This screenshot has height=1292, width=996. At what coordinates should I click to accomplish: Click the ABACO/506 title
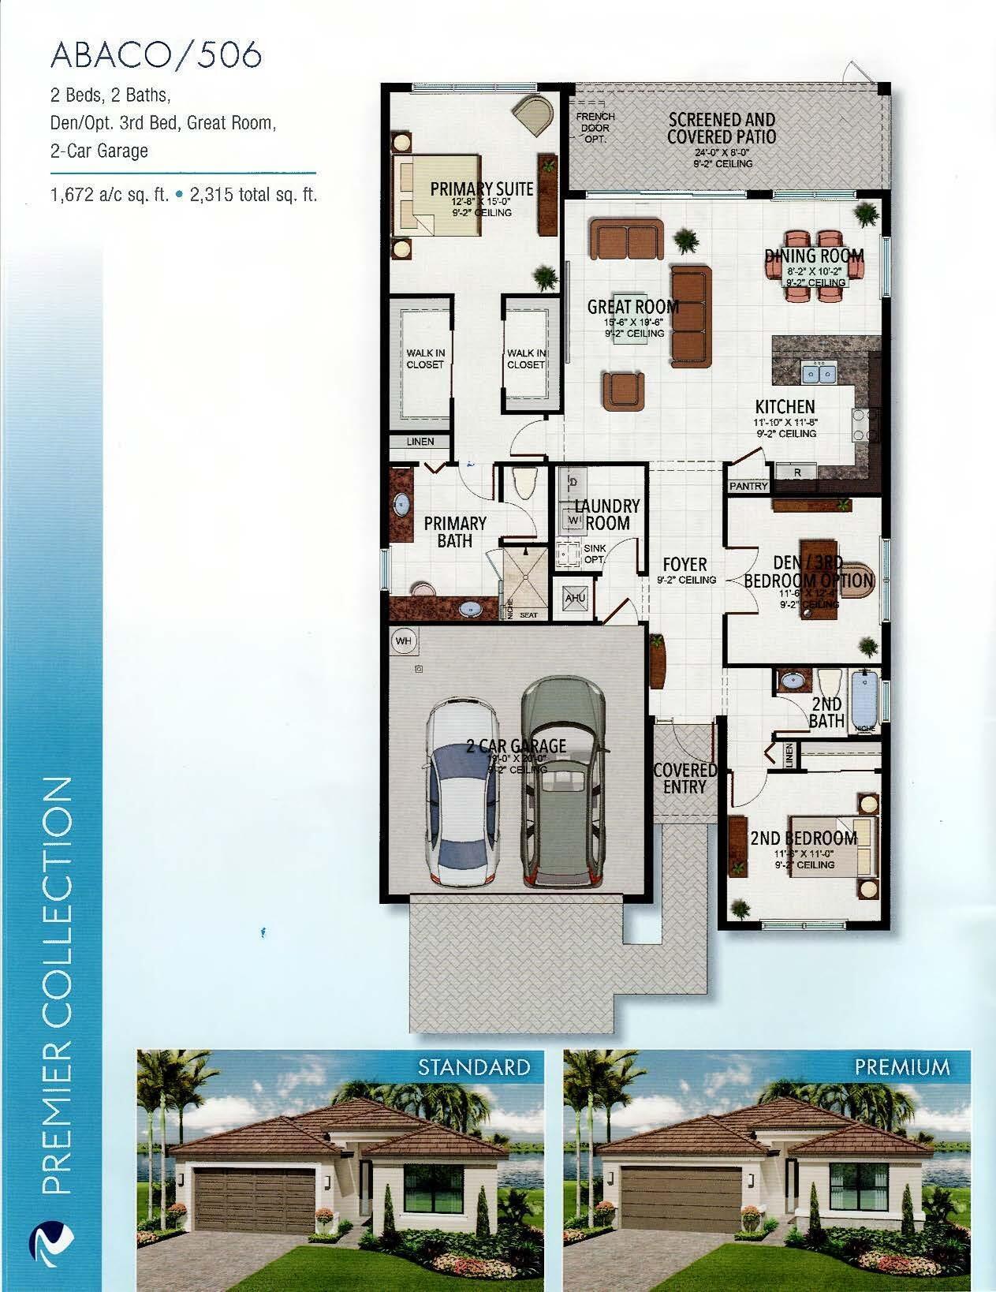[x=156, y=55]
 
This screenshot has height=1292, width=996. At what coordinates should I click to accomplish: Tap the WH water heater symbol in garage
[x=404, y=641]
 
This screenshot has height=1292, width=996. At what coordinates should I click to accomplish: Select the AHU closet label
[x=575, y=599]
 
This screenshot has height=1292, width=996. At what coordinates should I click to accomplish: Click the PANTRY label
[x=748, y=486]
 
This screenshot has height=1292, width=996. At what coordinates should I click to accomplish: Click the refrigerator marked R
[x=796, y=472]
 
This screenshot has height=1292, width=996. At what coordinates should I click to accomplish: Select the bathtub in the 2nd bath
[x=864, y=700]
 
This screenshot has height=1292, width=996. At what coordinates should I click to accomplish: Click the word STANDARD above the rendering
[x=473, y=1068]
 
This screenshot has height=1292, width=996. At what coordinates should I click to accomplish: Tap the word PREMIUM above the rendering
[x=902, y=1068]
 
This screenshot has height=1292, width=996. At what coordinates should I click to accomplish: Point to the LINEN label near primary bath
[x=420, y=442]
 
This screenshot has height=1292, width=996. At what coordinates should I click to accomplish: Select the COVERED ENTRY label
[x=685, y=778]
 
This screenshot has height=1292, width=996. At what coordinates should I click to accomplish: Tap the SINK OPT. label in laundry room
[x=594, y=554]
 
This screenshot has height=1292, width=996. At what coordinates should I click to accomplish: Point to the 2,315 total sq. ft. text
[x=253, y=195]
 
